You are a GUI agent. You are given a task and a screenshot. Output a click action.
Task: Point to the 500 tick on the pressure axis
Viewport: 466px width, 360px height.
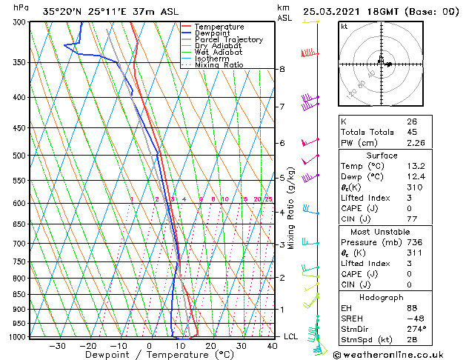pyautogui.click(x=21, y=156)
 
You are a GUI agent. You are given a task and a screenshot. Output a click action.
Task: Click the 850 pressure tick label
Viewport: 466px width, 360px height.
pyautogui.click(x=21, y=295)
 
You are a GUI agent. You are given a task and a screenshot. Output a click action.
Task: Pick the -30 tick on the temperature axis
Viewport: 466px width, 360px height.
pyautogui.click(x=57, y=346)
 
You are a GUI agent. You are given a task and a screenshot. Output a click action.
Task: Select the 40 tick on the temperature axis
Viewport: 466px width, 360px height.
pyautogui.click(x=273, y=346)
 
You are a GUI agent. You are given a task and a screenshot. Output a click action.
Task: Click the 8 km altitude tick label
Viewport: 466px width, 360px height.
pyautogui.click(x=282, y=69)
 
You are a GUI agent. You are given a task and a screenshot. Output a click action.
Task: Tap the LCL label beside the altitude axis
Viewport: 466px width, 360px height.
pyautogui.click(x=291, y=336)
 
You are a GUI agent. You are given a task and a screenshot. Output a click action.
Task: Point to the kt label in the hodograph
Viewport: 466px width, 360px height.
pyautogui.click(x=344, y=26)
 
